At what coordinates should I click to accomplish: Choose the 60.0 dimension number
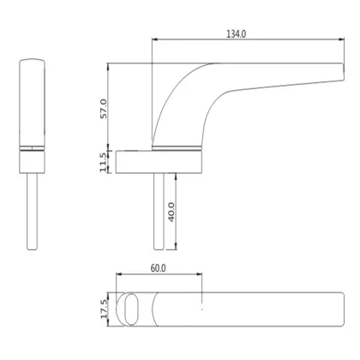tap(158, 267)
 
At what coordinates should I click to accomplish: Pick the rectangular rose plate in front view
tap(159, 161)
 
